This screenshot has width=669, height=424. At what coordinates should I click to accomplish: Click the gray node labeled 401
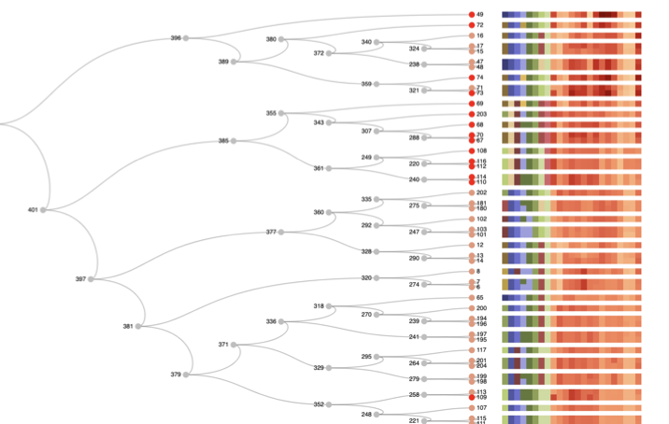point(43,210)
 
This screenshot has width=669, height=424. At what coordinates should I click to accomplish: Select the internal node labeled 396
point(186,38)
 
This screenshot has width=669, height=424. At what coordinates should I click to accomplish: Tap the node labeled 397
point(91,279)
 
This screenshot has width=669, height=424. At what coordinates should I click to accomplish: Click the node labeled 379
point(186,375)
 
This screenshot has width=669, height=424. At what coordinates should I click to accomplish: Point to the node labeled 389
point(234,62)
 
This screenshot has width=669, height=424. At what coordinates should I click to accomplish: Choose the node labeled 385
point(234,141)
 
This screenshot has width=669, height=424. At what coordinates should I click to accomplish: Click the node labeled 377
point(281,232)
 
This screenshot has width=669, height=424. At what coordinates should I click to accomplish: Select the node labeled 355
point(281,113)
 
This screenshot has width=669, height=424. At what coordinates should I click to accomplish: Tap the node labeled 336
point(281,321)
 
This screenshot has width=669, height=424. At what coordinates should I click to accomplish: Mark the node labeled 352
point(329,404)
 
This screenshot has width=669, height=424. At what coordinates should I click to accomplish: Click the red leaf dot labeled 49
point(472,15)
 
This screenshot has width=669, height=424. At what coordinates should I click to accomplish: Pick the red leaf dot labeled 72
point(472,25)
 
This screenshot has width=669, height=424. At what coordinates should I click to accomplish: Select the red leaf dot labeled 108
point(472,150)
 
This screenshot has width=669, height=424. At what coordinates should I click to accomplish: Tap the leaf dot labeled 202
point(472,192)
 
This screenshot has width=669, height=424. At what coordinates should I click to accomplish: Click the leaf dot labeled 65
point(472,297)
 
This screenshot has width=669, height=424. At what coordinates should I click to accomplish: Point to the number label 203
point(482,114)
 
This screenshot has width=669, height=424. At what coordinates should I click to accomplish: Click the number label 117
point(482,350)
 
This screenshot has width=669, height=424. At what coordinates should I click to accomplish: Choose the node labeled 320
point(377,278)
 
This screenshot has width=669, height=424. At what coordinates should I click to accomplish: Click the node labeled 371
point(234,345)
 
